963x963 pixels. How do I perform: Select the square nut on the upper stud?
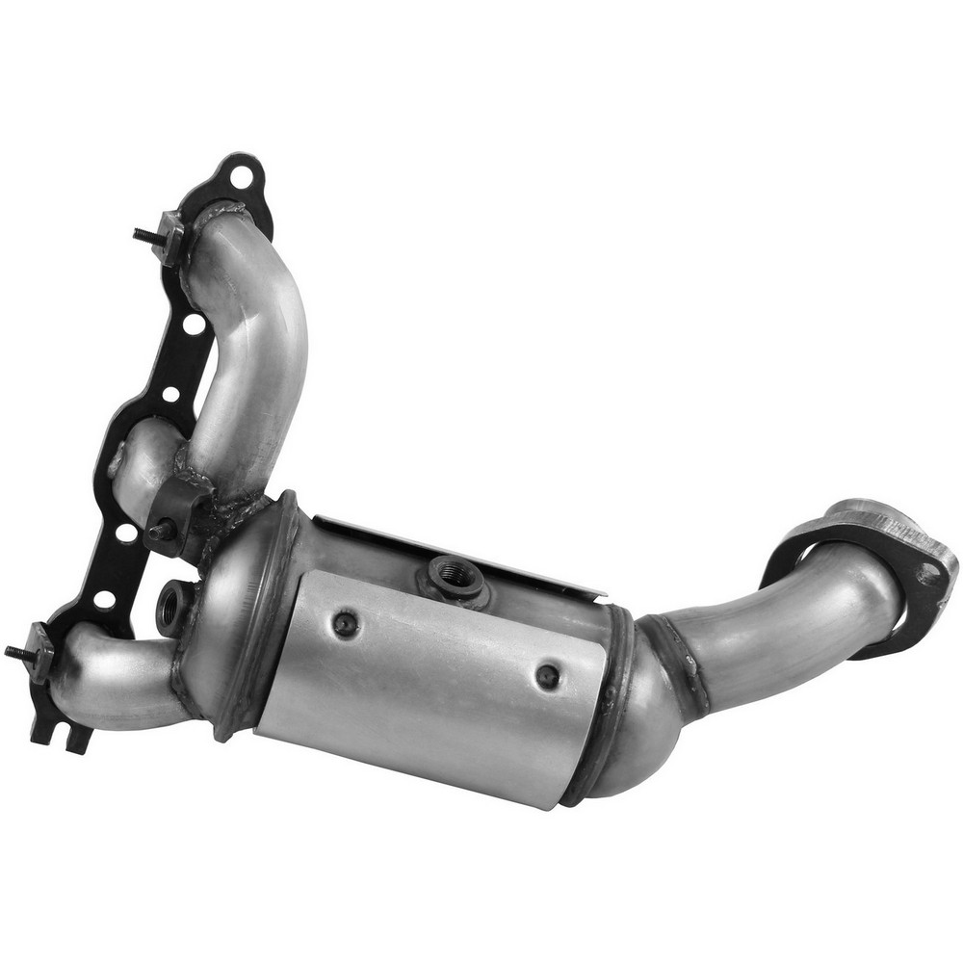coord(171,236)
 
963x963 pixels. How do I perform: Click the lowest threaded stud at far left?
coord(17,652)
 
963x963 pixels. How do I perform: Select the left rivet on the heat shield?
coord(344,624)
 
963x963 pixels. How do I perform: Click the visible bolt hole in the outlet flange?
coord(928,574)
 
